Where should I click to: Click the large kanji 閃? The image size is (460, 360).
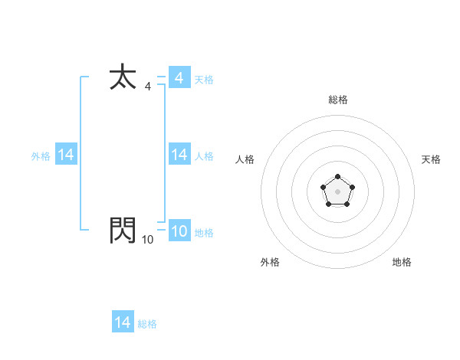(123, 230)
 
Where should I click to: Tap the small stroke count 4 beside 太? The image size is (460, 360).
(148, 87)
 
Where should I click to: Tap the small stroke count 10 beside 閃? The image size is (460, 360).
(147, 240)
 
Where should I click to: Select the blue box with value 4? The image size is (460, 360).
(179, 78)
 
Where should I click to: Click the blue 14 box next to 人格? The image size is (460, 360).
(179, 155)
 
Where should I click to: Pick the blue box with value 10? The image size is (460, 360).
(179, 231)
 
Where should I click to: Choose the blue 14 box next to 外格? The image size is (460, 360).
(65, 155)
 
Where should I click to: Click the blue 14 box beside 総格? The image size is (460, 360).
(122, 322)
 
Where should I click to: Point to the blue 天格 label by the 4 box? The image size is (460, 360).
(204, 80)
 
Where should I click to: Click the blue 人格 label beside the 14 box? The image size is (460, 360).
(204, 156)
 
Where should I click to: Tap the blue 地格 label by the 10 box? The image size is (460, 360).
(204, 233)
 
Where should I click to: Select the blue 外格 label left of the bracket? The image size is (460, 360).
(41, 156)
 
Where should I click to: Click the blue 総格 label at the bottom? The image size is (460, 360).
(147, 324)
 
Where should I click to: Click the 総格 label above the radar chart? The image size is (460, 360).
(338, 100)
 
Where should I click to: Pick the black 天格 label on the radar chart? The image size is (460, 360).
(431, 159)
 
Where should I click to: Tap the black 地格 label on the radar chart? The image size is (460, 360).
(402, 262)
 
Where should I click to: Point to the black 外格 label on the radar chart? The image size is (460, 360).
(270, 262)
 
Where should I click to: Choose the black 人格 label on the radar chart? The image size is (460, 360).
(245, 159)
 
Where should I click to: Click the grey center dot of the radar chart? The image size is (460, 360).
(338, 191)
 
